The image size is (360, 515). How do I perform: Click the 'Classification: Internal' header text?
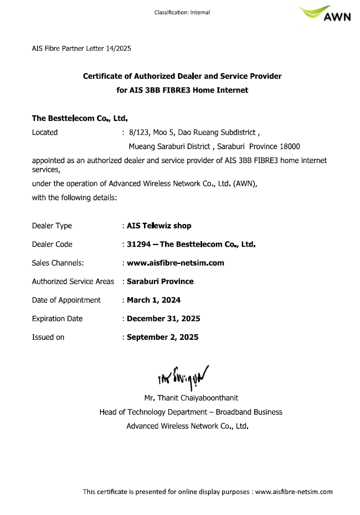(182, 12)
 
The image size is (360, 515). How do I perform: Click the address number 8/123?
(138, 132)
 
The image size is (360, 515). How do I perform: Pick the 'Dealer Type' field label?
(52, 226)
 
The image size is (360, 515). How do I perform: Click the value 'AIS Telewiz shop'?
(159, 226)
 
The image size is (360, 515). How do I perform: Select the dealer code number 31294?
(138, 244)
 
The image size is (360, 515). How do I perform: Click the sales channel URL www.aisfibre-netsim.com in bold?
(176, 263)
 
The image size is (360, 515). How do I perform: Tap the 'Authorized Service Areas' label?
(73, 281)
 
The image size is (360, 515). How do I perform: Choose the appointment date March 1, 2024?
(153, 300)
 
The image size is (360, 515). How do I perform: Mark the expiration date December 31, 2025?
(163, 318)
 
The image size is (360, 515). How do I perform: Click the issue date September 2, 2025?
(162, 337)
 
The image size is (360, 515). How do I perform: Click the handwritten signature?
(182, 378)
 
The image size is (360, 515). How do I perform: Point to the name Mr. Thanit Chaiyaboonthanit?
(191, 398)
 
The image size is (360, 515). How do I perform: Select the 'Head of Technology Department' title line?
(191, 412)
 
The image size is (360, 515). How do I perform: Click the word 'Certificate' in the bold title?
(104, 76)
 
